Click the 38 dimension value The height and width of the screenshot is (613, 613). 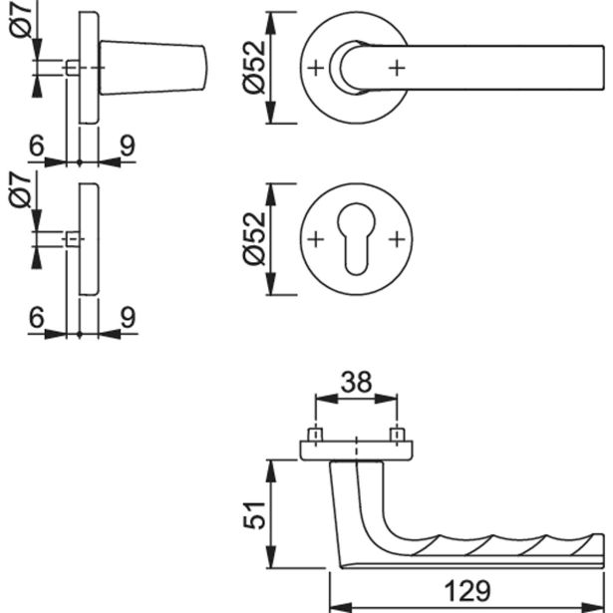pyautogui.click(x=357, y=382)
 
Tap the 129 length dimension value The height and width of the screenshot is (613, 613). pyautogui.click(x=466, y=592)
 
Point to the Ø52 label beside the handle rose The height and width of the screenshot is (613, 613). pyautogui.click(x=255, y=69)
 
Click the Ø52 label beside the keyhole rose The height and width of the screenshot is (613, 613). pyautogui.click(x=255, y=239)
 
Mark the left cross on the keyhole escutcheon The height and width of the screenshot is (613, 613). pyautogui.click(x=316, y=240)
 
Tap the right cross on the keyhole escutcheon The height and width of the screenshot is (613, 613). pyautogui.click(x=397, y=240)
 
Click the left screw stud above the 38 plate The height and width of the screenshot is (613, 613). pyautogui.click(x=316, y=437)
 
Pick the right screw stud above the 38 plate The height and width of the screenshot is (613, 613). pyautogui.click(x=397, y=437)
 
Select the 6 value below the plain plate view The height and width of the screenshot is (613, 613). pyautogui.click(x=36, y=318)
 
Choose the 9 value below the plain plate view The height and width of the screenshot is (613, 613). pyautogui.click(x=127, y=318)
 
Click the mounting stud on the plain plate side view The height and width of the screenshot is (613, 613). pyautogui.click(x=71, y=240)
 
